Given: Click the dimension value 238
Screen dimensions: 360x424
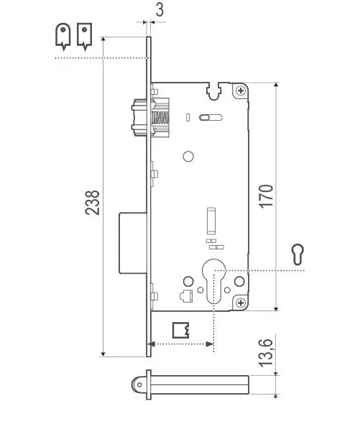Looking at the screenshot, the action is (x=92, y=203).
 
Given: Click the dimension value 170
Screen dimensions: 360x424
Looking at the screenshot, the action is (x=266, y=196).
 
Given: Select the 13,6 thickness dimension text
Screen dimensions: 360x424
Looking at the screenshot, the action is (x=266, y=353).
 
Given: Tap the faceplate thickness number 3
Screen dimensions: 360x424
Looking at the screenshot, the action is (x=160, y=10).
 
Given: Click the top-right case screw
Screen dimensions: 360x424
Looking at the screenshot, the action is (x=241, y=91).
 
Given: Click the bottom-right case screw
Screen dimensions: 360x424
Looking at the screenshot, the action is (x=241, y=303).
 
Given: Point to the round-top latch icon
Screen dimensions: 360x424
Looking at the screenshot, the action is (x=63, y=37).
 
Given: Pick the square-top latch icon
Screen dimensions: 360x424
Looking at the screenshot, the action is (x=84, y=37).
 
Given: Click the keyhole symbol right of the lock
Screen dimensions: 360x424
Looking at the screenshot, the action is (x=298, y=254).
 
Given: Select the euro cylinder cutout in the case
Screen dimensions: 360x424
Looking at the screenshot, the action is (x=213, y=281).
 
